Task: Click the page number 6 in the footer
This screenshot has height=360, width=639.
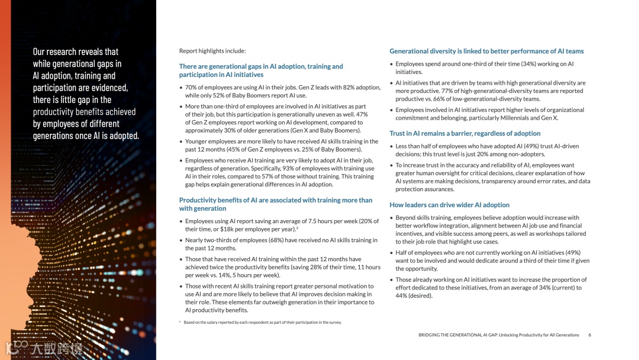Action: (589, 335)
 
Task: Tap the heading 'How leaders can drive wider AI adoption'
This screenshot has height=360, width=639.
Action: (449, 205)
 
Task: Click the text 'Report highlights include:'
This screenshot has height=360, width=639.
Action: (212, 51)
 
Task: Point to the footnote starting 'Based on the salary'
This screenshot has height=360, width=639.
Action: (262, 323)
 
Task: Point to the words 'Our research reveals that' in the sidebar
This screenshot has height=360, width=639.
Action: (75, 52)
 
